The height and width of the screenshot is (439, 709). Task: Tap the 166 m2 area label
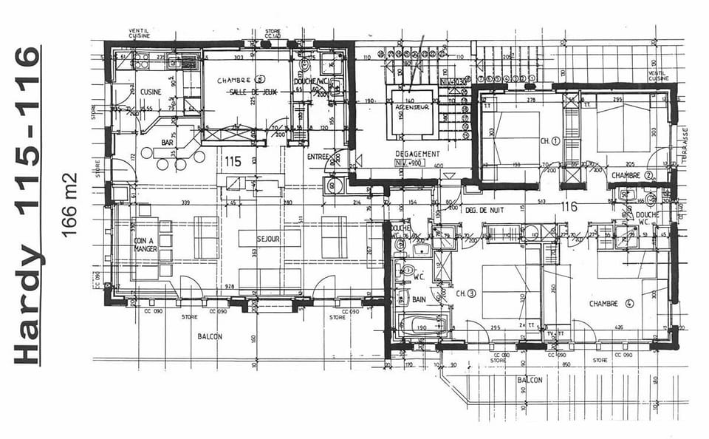click(x=71, y=205)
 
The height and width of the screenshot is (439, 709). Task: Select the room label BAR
click(x=168, y=142)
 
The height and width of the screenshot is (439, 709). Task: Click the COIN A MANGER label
click(x=146, y=244)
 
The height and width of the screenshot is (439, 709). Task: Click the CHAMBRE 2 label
click(x=632, y=175)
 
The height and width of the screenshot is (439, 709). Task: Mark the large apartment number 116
click(x=569, y=207)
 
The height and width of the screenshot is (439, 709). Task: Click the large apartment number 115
click(x=233, y=160)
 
